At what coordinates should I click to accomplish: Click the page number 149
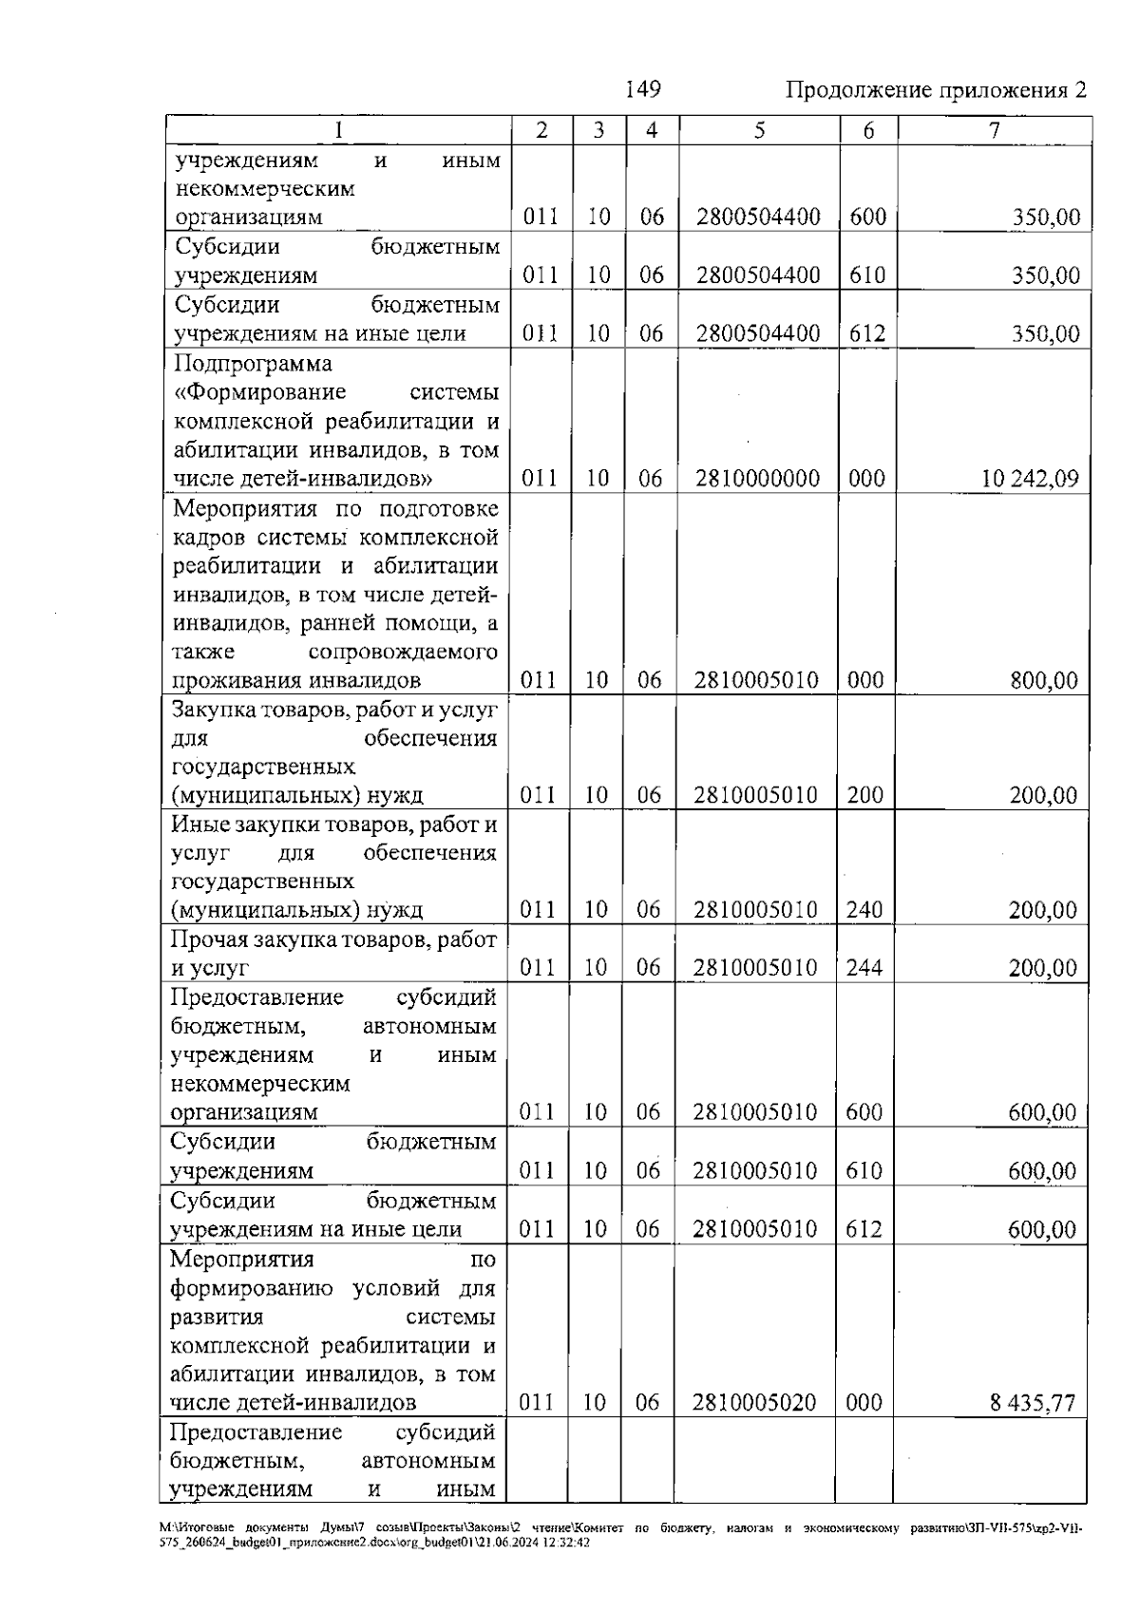point(642,89)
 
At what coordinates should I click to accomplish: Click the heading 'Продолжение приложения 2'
point(935,90)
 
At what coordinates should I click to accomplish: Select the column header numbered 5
point(759,131)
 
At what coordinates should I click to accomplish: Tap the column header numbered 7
point(994,131)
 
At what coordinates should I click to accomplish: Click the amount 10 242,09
point(1030,478)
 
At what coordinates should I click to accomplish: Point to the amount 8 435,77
point(1033,1403)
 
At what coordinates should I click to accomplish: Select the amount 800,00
point(1044,680)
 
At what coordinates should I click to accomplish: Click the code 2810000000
point(757,478)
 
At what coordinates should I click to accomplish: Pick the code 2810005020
point(754,1403)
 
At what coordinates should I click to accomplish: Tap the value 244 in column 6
point(864,968)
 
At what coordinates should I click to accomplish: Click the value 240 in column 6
point(864,910)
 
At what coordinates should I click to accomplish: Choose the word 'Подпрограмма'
point(254,364)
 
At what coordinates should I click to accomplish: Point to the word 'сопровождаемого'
point(403,653)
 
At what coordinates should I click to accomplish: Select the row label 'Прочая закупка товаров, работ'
point(332,939)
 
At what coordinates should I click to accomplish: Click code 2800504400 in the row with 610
point(757,275)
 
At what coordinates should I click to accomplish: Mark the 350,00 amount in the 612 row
point(1045,334)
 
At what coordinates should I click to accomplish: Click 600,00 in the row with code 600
point(1042,1112)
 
